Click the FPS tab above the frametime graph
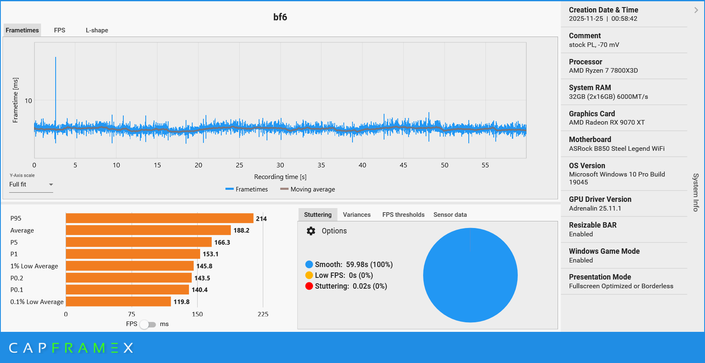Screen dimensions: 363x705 [59, 30]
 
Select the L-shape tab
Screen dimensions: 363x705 [97, 30]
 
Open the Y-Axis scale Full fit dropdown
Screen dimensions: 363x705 [31, 184]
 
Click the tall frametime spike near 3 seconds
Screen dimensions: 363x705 [56, 83]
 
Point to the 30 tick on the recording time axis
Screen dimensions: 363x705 [280, 165]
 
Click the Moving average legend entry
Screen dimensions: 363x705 [308, 189]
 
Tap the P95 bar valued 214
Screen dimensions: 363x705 [159, 218]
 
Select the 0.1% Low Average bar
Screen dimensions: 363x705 [118, 302]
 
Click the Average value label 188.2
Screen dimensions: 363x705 [241, 231]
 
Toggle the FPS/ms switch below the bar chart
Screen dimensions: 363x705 [148, 324]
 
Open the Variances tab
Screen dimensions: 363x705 [357, 215]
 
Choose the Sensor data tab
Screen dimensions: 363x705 [450, 215]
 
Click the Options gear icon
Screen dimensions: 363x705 [311, 231]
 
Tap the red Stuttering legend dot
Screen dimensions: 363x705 [309, 286]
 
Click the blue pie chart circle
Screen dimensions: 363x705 [470, 275]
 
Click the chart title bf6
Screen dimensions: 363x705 [280, 17]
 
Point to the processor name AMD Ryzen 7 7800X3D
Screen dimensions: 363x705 [603, 71]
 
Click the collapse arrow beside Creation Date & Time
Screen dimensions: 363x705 [696, 10]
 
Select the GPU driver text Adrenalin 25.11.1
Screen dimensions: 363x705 [595, 208]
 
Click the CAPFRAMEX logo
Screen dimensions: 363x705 [71, 348]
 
